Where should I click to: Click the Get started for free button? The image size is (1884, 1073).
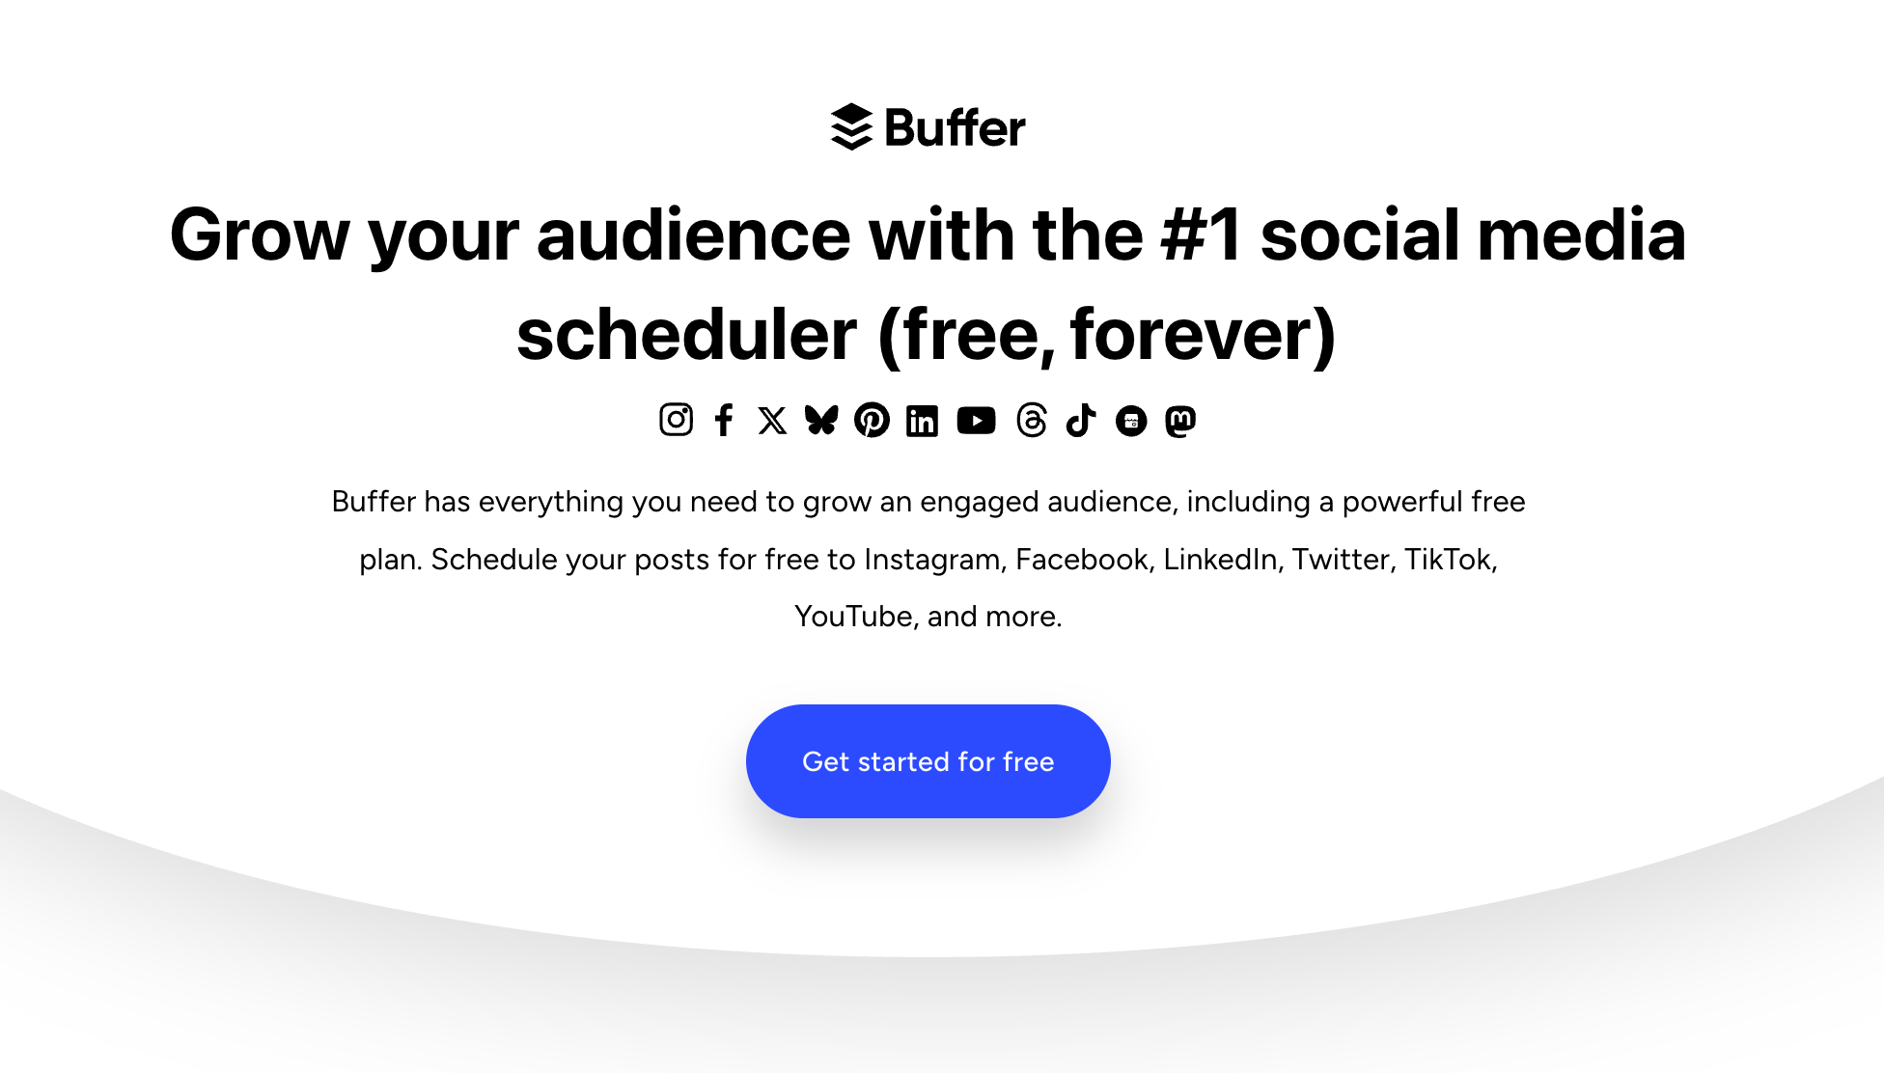928,761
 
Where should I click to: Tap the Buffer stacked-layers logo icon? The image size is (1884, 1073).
851,127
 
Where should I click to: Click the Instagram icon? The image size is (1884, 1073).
676,420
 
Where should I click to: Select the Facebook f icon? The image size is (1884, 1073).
724,420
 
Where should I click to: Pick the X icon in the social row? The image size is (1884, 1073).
772,421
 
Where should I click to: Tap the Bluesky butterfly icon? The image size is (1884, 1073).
821,420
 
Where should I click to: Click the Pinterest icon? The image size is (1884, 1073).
872,420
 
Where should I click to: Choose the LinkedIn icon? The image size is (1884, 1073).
922,421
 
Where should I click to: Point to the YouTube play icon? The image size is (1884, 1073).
976,421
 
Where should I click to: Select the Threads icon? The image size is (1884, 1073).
1031,421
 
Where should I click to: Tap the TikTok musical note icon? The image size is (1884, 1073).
1081,421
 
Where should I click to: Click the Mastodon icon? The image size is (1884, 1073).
1180,421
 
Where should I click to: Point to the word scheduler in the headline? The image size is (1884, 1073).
686,335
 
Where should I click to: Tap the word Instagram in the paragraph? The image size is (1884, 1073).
931,560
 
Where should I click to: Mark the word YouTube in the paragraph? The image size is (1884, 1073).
852,617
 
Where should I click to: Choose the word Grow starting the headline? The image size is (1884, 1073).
259,235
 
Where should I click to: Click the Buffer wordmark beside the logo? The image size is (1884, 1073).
955,128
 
